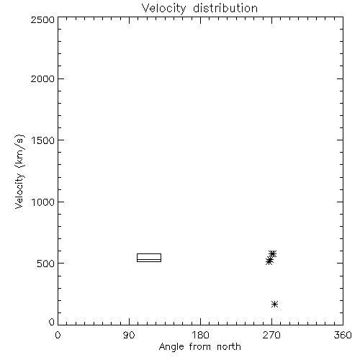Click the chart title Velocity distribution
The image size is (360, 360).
tap(199, 8)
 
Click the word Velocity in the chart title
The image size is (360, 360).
tap(163, 9)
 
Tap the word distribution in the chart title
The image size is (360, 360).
tap(225, 8)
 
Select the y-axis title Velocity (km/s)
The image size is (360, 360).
tap(19, 171)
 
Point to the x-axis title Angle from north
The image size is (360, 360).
tap(199, 347)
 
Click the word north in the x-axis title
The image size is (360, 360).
tap(229, 346)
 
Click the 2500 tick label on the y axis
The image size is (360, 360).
tap(42, 19)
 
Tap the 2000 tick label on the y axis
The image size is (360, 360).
tap(42, 78)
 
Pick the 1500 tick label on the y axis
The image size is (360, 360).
tap(43, 140)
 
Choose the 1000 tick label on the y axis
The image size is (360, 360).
tap(43, 202)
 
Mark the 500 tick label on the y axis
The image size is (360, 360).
tap(45, 264)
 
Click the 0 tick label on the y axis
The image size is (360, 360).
tap(52, 322)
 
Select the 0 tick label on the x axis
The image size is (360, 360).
tap(58, 335)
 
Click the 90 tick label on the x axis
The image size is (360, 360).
tap(129, 335)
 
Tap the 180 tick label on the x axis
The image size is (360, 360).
tap(200, 335)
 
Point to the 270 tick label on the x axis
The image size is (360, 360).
tap(271, 335)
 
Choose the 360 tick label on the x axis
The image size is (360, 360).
tap(343, 335)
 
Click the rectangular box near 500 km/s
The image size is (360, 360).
tap(149, 254)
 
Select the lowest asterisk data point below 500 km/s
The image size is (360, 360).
tap(275, 305)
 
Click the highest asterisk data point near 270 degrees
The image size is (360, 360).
tap(273, 253)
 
